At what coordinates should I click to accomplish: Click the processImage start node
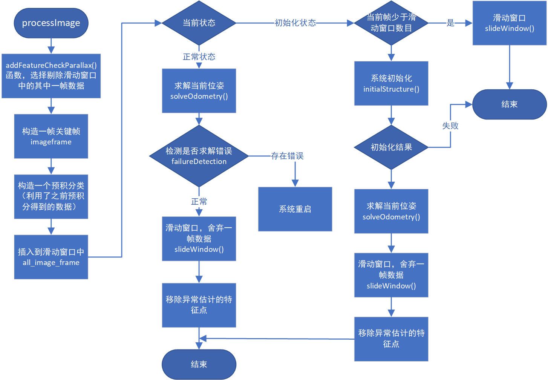click(x=51, y=23)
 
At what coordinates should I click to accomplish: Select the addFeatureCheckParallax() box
click(x=51, y=76)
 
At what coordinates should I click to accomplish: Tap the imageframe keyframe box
click(x=51, y=136)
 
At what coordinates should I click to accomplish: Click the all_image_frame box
click(x=51, y=257)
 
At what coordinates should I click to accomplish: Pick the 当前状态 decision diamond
click(x=199, y=23)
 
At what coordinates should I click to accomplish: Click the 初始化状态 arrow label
click(x=295, y=23)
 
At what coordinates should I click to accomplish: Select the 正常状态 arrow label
click(x=199, y=57)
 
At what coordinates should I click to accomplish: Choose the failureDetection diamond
click(x=199, y=156)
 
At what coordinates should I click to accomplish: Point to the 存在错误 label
click(x=287, y=156)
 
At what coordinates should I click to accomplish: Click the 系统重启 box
click(x=295, y=209)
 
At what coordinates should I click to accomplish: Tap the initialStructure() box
click(x=391, y=83)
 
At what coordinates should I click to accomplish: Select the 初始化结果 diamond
click(x=391, y=147)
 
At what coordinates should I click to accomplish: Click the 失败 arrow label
click(x=450, y=126)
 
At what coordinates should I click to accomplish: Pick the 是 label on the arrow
click(x=450, y=23)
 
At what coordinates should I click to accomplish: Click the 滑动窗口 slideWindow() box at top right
click(x=509, y=23)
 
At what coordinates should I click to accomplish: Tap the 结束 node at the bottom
click(x=199, y=364)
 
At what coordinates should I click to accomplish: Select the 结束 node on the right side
click(x=509, y=104)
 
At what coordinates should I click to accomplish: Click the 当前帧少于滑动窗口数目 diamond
click(x=391, y=23)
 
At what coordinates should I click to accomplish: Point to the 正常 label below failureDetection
click(x=199, y=202)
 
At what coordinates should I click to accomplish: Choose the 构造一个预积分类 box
click(x=51, y=196)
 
